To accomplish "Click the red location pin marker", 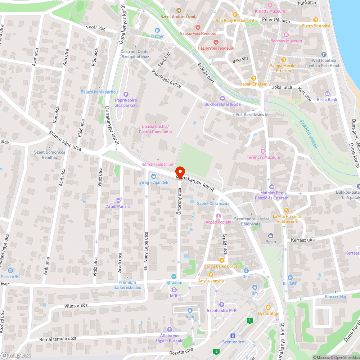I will [x=180, y=172].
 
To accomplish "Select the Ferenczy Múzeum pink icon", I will [x=263, y=151].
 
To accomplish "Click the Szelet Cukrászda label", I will [x=213, y=203].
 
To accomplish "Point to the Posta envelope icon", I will [x=270, y=235].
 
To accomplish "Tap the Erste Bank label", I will [x=327, y=99].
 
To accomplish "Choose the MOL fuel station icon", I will [x=174, y=290].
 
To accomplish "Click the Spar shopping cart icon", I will [x=190, y=310].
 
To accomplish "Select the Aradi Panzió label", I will [x=118, y=207].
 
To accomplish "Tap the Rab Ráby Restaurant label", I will [x=235, y=21].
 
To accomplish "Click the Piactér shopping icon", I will [x=157, y=30].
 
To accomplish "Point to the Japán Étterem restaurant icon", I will [x=254, y=78].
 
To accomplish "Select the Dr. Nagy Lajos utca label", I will [x=146, y=252].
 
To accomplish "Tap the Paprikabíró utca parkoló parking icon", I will [x=126, y=94].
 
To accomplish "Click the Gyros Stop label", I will [x=268, y=313].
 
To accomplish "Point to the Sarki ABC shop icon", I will [x=10, y=270].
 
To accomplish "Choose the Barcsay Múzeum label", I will [x=286, y=41].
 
